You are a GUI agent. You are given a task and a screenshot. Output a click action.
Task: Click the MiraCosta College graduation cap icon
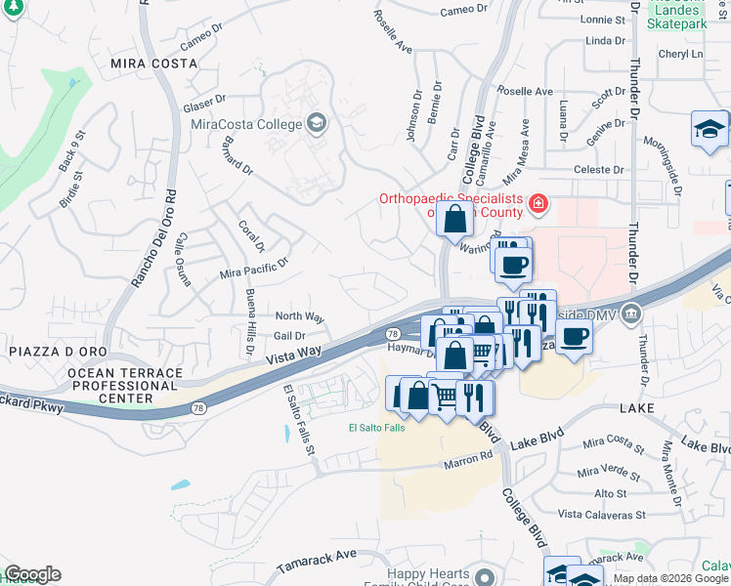pos(316,123)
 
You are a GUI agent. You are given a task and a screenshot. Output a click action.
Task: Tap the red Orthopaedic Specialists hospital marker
pos(537,203)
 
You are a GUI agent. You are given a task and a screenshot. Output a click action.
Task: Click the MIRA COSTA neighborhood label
pos(153,63)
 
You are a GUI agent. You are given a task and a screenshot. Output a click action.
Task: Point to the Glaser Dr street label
pos(204,105)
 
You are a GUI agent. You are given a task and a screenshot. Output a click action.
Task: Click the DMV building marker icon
pos(630,314)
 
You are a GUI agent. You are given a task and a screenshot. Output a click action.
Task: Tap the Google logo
pos(32,574)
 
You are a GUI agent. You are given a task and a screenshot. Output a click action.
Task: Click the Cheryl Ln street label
pos(680,55)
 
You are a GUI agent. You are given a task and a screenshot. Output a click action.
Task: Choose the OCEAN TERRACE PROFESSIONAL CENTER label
pos(125,386)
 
